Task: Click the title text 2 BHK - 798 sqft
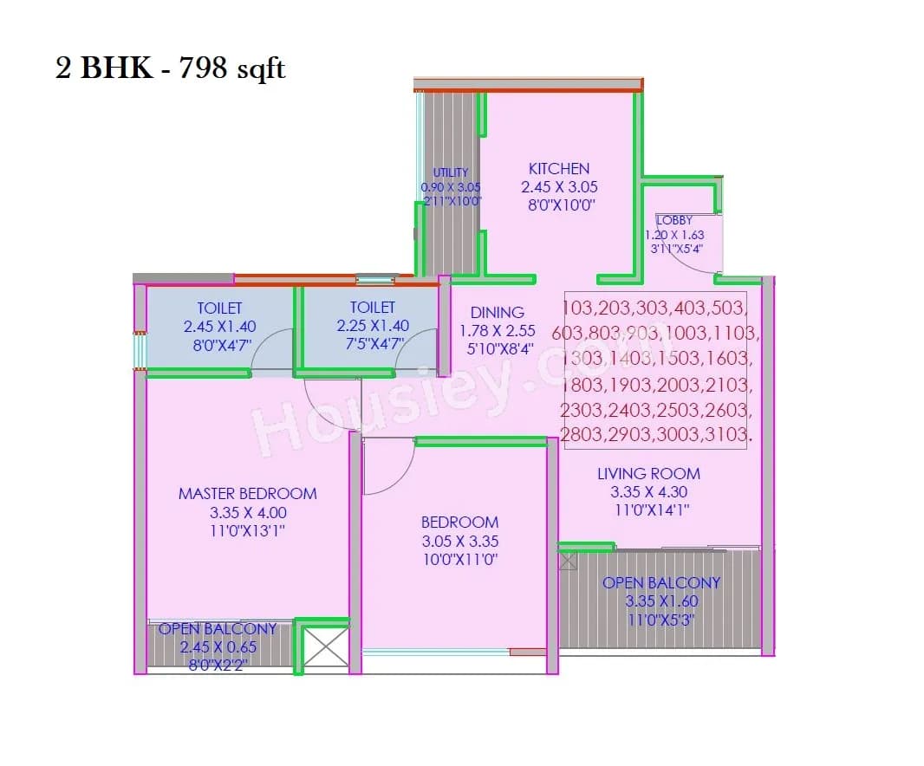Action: click(171, 68)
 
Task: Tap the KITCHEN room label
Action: click(558, 169)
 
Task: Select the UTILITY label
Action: click(451, 172)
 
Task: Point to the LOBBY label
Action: click(674, 220)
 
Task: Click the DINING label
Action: click(498, 312)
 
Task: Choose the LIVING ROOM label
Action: click(648, 473)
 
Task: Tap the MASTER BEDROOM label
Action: click(247, 493)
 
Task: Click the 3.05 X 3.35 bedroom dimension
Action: click(459, 541)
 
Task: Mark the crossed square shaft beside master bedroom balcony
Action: click(326, 647)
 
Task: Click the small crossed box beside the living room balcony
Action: click(567, 561)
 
